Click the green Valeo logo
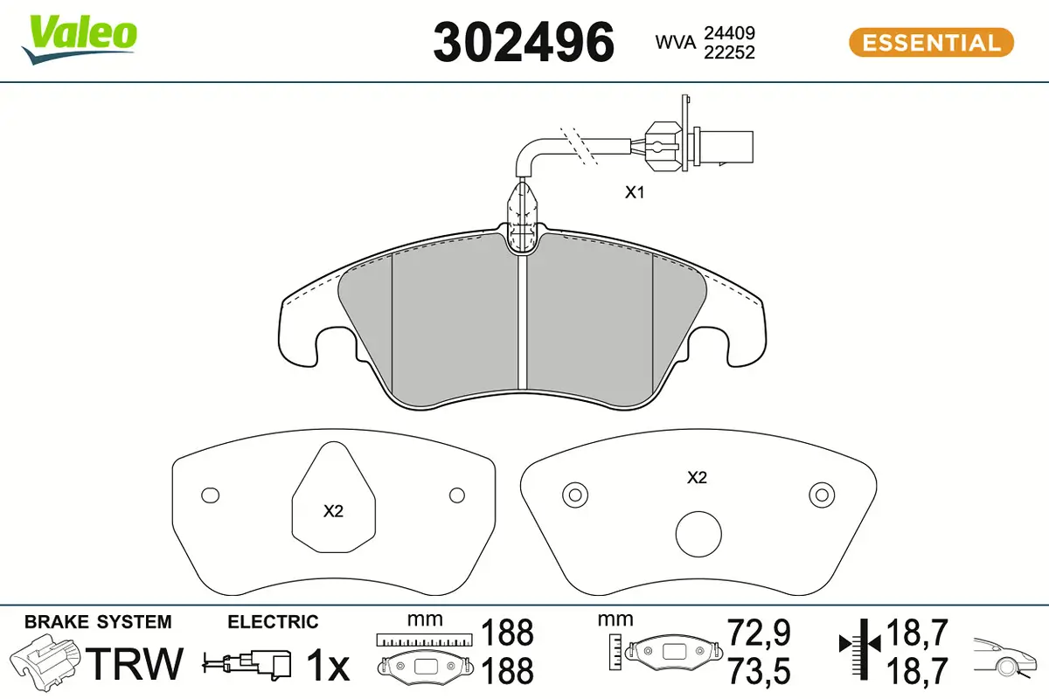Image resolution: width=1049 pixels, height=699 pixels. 80,39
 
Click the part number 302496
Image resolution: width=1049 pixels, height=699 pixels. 524,43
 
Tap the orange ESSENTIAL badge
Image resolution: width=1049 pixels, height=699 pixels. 931,43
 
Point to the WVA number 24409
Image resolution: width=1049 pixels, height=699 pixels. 729,33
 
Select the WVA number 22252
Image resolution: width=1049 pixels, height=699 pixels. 729,52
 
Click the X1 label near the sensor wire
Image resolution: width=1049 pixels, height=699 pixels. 635,192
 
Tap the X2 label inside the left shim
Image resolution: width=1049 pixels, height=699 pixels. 333,511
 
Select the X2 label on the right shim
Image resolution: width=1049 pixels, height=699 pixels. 697,478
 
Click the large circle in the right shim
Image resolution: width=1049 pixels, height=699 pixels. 698,534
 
